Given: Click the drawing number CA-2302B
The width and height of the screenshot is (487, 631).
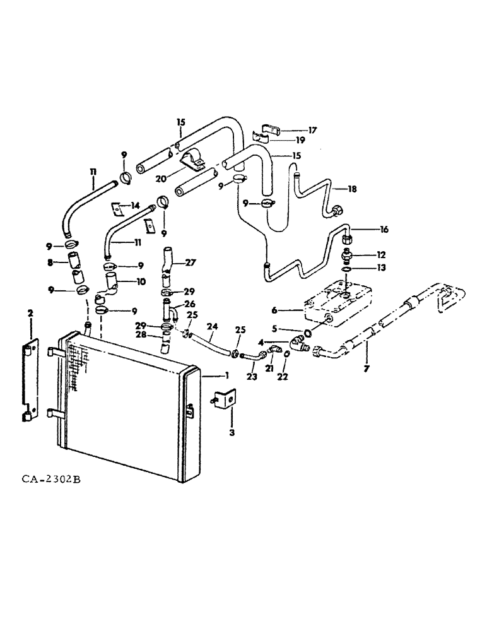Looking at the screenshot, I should [x=50, y=480].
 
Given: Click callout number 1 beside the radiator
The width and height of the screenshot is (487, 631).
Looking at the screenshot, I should [x=225, y=374].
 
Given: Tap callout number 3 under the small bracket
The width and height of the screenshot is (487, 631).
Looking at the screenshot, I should [x=232, y=433].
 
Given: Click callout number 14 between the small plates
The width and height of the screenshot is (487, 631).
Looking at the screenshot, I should [x=134, y=206].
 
